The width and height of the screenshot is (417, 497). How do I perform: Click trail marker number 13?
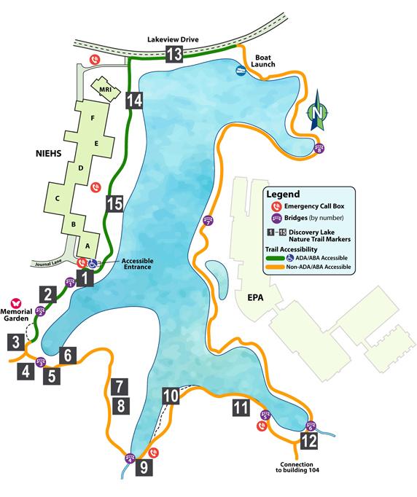[174, 53]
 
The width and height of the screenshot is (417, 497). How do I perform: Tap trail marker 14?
[133, 101]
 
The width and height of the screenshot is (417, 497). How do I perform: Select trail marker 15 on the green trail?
[114, 206]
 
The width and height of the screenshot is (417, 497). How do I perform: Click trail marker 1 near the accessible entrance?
[86, 278]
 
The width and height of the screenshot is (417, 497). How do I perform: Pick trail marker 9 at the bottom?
[144, 467]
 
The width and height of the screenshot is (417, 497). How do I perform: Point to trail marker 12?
[308, 441]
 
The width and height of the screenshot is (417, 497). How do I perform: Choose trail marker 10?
[171, 396]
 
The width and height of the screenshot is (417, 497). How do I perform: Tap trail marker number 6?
[67, 356]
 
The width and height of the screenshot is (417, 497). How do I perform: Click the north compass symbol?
[316, 113]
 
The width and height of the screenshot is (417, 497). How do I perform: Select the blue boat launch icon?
[241, 71]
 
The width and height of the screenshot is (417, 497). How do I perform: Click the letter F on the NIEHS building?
[92, 118]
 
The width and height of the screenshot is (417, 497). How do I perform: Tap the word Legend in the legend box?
[284, 195]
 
